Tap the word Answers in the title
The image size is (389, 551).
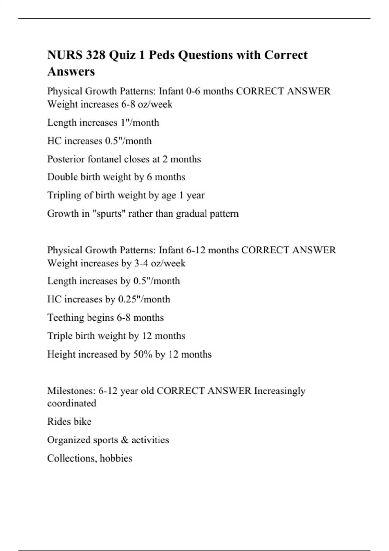71,71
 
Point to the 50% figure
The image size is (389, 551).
143,354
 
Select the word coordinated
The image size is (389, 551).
72,404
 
